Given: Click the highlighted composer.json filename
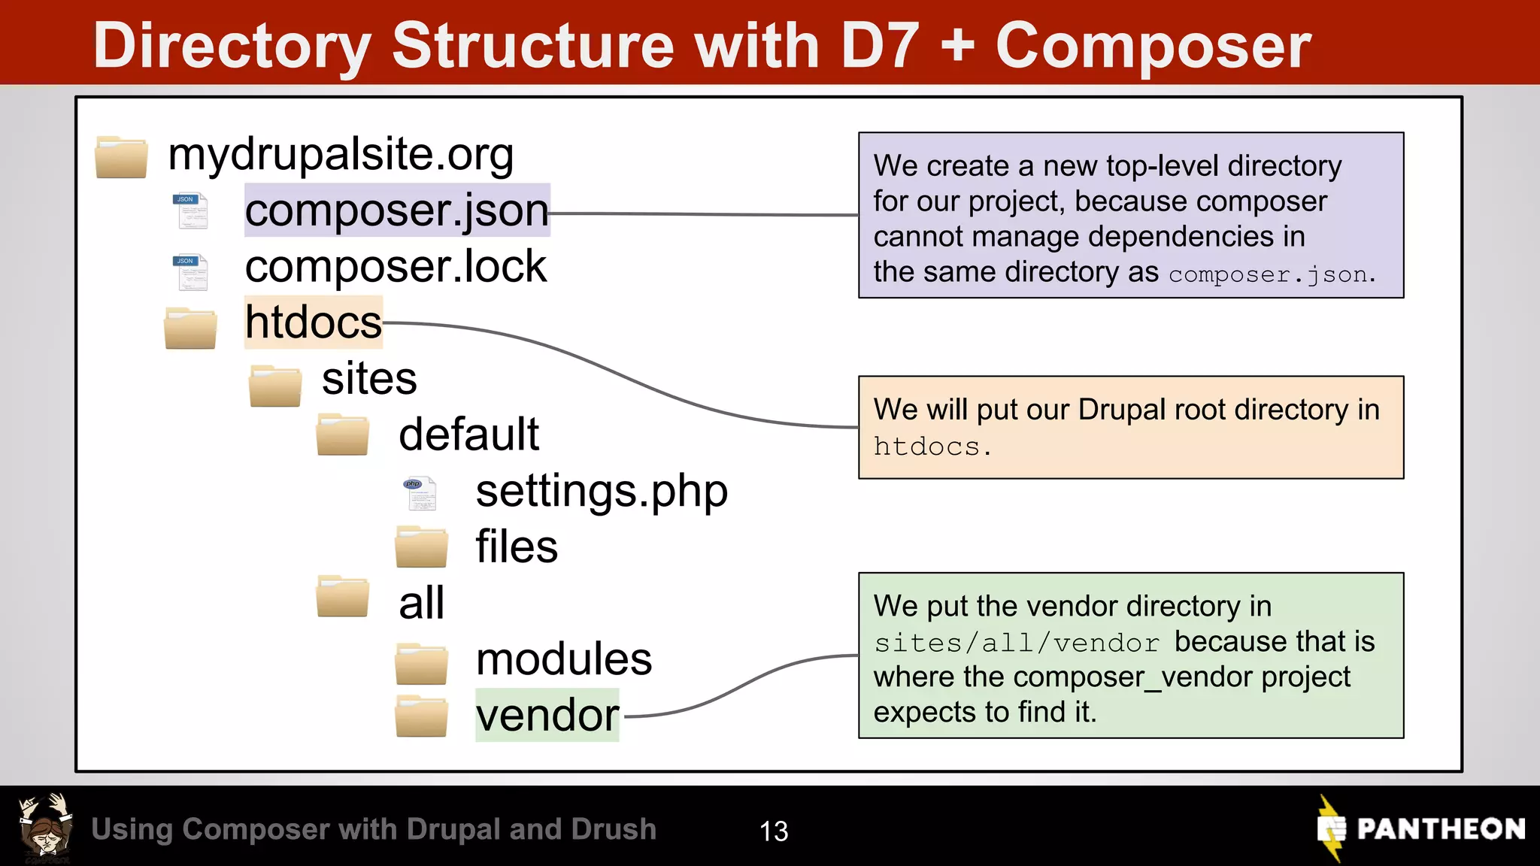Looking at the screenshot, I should (396, 210).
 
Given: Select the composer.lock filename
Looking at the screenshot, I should (396, 267).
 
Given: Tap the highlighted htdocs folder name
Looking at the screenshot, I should (314, 322).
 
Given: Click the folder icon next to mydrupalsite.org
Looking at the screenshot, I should (121, 157).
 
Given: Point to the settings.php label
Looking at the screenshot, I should (602, 492).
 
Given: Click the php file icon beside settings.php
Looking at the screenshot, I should (420, 493).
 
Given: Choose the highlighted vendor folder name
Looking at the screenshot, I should (547, 715).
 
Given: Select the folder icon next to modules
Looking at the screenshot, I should (421, 663).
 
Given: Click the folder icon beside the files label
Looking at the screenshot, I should (421, 547).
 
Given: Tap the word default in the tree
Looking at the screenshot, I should (468, 435).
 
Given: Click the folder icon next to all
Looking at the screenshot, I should (343, 597).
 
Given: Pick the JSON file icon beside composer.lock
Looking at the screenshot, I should (191, 272).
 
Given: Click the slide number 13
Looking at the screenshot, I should (774, 831).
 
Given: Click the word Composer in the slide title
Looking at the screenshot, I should (1153, 47).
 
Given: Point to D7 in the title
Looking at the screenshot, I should (880, 47).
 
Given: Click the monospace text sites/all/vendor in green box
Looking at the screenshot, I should (1017, 643).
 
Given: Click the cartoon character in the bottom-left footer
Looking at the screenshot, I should (46, 828).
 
